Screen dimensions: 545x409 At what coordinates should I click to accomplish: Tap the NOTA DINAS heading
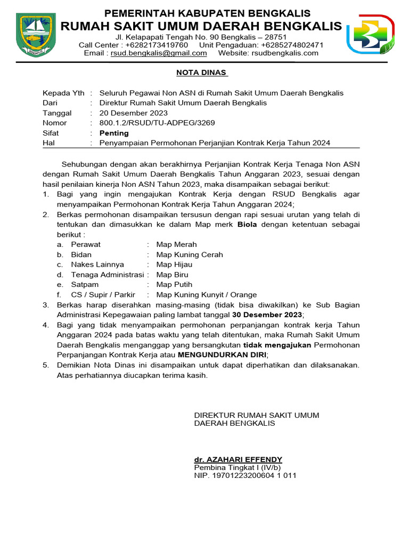tap(202, 72)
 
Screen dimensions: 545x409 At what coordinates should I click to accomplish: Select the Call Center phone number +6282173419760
tap(156, 45)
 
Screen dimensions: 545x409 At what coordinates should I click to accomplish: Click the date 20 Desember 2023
tap(134, 113)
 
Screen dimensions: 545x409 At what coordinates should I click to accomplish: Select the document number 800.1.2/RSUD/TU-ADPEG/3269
tap(157, 123)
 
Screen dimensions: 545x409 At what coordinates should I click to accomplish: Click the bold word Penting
tap(114, 133)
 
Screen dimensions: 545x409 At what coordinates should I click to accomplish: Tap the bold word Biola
tap(247, 225)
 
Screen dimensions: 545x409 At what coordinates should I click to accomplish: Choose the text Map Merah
tap(176, 245)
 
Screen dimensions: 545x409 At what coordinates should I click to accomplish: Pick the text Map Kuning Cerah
tap(189, 255)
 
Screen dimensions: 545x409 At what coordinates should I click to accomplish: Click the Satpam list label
tap(85, 285)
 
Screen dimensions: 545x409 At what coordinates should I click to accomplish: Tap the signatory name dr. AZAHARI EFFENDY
tap(238, 459)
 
